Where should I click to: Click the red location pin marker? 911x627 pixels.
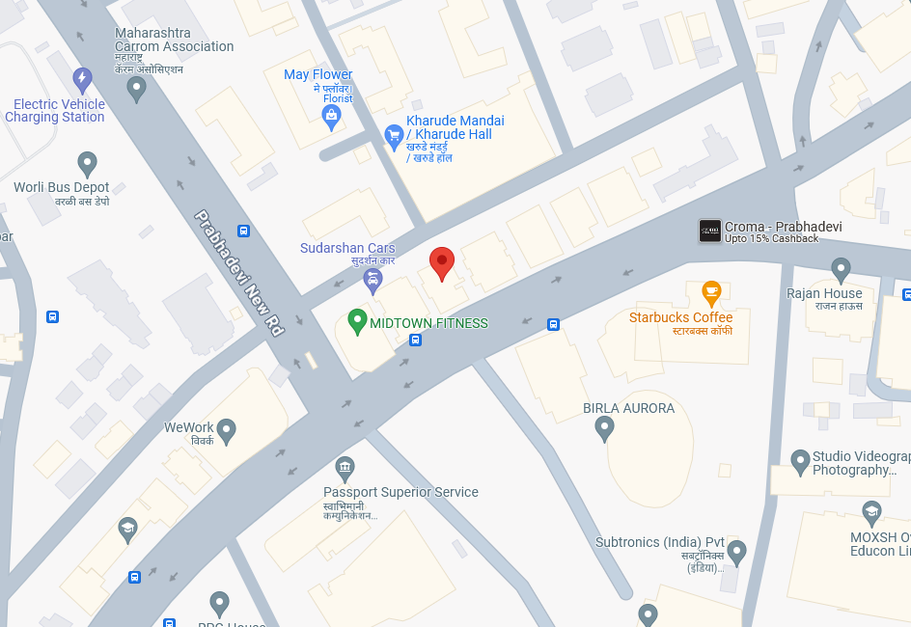pos(442,262)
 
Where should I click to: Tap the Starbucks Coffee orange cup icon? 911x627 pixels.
pos(711,291)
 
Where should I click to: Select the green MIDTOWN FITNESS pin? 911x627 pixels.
pos(357,321)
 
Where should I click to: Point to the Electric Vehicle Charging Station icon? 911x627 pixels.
pos(83,78)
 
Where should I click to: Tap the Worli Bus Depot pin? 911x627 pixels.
pos(88,164)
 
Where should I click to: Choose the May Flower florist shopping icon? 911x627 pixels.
pos(332,117)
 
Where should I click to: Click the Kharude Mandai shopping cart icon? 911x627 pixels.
pos(393,136)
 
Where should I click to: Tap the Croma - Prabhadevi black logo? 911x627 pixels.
pos(710,231)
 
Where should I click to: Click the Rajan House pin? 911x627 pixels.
pos(841,269)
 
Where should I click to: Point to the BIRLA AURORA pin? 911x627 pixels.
pos(605,427)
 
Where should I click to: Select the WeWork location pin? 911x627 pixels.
pos(227,430)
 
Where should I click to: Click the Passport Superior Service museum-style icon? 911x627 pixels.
pos(345,470)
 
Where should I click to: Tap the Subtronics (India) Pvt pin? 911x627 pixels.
pos(737,553)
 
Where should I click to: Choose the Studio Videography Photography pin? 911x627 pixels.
pos(800,462)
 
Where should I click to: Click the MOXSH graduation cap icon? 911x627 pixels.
pos(872,512)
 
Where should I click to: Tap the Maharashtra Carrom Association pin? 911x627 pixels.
pos(137,89)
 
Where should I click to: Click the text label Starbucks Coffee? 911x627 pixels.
pos(680,317)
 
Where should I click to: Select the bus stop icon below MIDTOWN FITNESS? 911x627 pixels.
pos(415,340)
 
